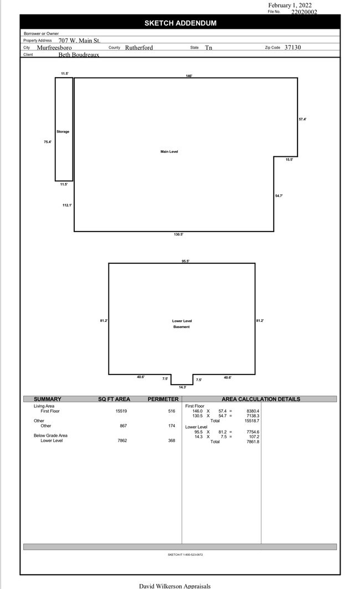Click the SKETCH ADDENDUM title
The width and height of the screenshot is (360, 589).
tap(180, 23)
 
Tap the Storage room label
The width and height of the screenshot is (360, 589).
tap(63, 132)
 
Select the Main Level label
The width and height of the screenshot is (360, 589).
tap(169, 152)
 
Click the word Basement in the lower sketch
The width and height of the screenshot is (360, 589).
tap(181, 327)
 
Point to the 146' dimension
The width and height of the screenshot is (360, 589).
tap(189, 76)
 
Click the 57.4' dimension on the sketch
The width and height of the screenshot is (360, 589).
tap(302, 119)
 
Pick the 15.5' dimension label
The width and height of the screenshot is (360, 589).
tap(289, 160)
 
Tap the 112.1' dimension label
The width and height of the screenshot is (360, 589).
tap(67, 205)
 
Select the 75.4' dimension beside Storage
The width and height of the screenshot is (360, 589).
tap(48, 142)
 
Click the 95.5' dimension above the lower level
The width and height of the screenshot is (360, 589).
tap(186, 261)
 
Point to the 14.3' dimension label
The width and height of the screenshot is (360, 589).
tap(182, 387)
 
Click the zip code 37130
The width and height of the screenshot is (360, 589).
tap(293, 47)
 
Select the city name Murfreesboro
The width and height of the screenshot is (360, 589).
tap(54, 48)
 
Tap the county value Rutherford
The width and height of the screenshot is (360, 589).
tap(139, 48)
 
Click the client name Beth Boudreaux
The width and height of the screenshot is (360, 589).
tap(79, 55)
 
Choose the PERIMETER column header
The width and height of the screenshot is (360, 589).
tap(163, 399)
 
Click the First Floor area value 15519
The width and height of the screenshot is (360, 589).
tap(121, 411)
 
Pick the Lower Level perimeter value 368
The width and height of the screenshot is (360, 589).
tap(172, 441)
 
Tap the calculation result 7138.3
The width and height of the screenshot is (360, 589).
tap(253, 416)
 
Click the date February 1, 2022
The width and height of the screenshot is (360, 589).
tap(290, 5)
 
